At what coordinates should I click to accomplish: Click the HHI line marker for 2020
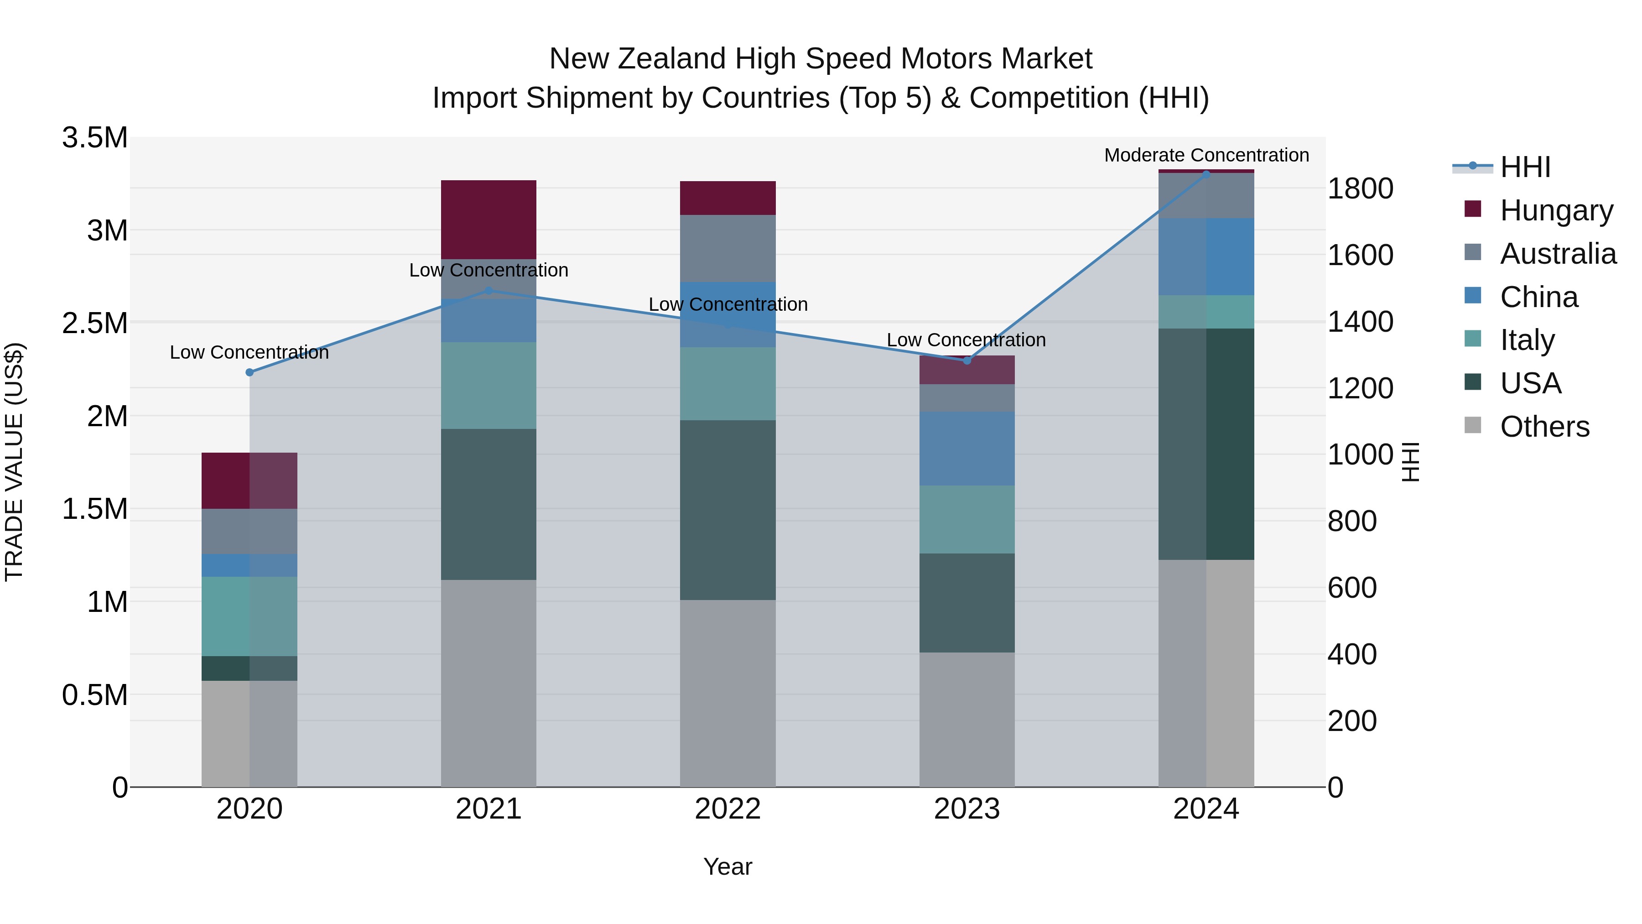tap(249, 372)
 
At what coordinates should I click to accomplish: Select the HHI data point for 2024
tap(1206, 174)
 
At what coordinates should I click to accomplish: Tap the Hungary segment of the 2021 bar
tap(488, 219)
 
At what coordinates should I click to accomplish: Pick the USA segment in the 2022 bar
tap(727, 510)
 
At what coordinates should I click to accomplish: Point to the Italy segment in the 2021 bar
tap(488, 385)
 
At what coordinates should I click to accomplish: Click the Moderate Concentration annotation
tap(1206, 155)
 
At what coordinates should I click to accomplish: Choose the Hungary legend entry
tap(1556, 210)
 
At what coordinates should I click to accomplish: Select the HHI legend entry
tap(1525, 167)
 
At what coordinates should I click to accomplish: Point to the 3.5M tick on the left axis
tap(95, 138)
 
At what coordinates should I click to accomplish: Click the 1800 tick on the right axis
tap(1360, 189)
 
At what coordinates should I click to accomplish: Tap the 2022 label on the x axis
tap(727, 809)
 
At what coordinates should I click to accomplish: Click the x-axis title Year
tap(727, 867)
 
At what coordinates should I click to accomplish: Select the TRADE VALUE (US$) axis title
tap(14, 462)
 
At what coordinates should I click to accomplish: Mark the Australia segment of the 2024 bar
tap(1206, 195)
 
